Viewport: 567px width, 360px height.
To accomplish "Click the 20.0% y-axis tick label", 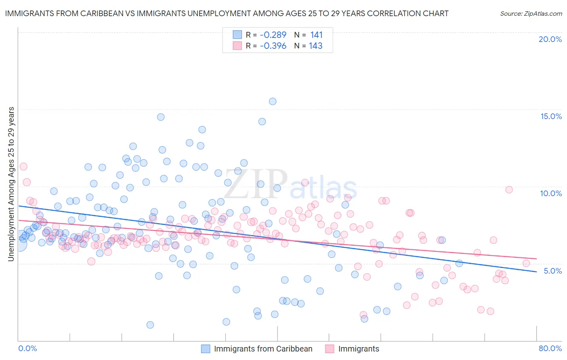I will [x=550, y=39].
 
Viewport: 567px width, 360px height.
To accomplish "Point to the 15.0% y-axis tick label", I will [x=551, y=116].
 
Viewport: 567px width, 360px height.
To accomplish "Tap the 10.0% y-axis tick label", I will [x=551, y=193].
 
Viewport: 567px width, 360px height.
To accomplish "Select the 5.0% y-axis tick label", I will [x=552, y=271].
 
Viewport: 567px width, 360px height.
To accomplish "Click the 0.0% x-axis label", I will [x=27, y=348].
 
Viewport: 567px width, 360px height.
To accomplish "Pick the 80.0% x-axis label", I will [x=550, y=348].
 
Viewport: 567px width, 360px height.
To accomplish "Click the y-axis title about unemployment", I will [x=11, y=184].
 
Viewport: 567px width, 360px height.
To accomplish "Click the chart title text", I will [x=227, y=13].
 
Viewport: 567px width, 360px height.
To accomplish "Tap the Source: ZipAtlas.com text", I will [x=531, y=13].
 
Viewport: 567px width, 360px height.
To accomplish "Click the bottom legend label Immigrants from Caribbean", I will [x=263, y=349].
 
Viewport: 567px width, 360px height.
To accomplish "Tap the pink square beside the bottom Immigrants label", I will [x=329, y=349].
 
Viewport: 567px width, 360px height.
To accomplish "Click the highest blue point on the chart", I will [x=273, y=101].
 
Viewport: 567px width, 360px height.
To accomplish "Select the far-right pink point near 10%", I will [x=509, y=190].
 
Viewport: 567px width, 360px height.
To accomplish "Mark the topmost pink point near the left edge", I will [x=23, y=166].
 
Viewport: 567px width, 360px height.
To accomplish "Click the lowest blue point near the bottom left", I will [x=150, y=325].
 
